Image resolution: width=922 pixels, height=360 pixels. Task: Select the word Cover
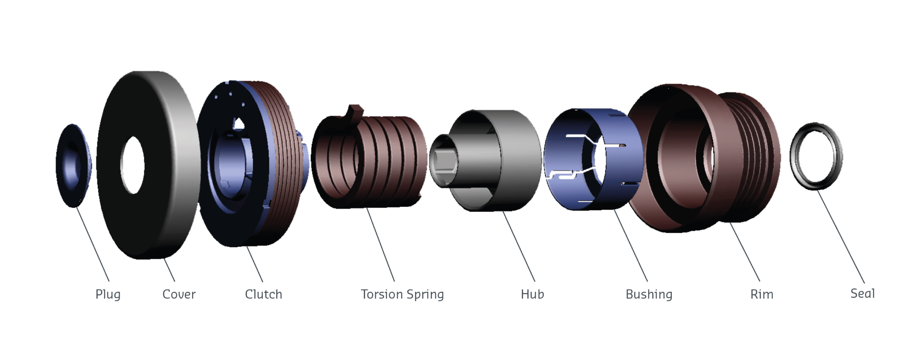(x=179, y=294)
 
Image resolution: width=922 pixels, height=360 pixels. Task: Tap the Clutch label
(x=263, y=294)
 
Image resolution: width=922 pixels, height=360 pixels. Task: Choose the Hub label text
(x=532, y=294)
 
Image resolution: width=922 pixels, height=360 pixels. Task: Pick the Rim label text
(x=762, y=294)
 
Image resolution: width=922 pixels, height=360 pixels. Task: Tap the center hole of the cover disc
(x=132, y=165)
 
